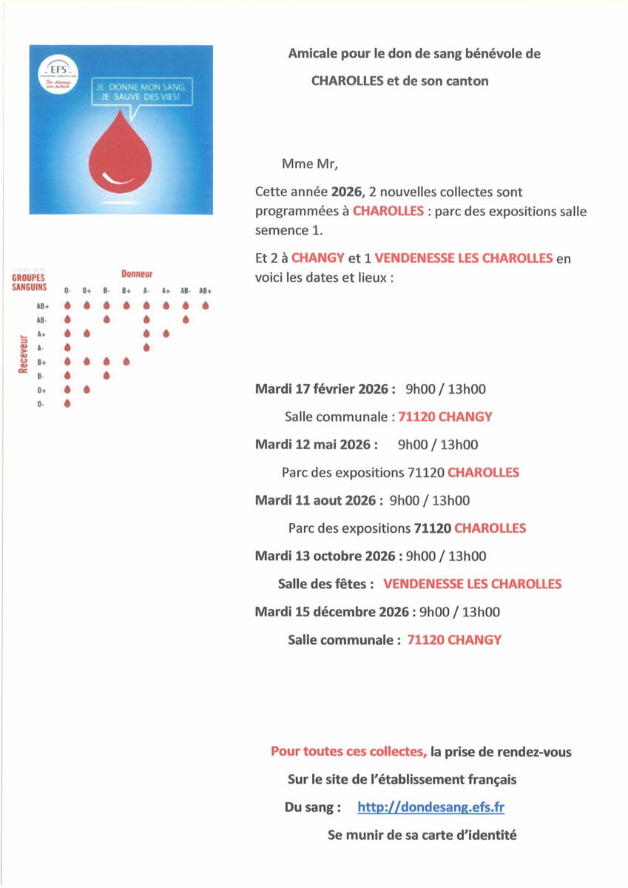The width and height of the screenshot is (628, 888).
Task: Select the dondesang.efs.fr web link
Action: [x=431, y=807]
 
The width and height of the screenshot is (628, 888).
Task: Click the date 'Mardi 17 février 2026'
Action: [x=325, y=389]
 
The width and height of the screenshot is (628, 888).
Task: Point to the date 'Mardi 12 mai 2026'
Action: [x=316, y=445]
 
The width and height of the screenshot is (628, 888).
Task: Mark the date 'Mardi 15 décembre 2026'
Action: [x=331, y=612]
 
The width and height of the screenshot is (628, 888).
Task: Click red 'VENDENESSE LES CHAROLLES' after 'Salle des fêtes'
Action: [x=472, y=584]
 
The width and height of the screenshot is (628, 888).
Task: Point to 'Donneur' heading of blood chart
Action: [x=137, y=274]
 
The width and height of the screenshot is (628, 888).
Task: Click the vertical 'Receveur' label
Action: [x=23, y=354]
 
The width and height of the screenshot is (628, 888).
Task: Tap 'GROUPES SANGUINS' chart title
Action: [x=29, y=283]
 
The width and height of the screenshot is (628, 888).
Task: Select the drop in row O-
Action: [x=67, y=403]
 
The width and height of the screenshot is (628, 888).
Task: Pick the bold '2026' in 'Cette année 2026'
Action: [x=346, y=192]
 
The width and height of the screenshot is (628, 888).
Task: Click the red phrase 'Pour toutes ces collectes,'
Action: [x=348, y=752]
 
